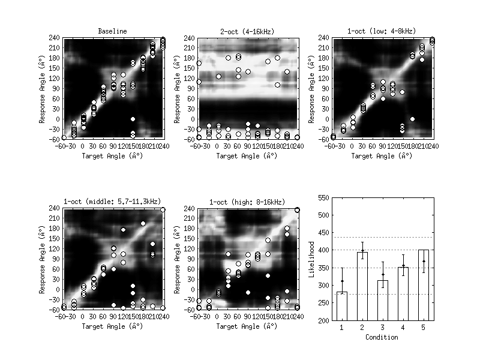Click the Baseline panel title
coord(113,31)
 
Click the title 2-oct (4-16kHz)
coord(248,31)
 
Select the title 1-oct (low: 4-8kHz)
coord(382,31)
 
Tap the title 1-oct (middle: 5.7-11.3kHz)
coord(113,202)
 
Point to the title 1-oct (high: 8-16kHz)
coord(248,202)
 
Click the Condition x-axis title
coord(382,337)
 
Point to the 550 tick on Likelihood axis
coord(325,197)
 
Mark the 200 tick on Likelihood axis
coord(325,320)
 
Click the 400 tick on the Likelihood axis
coord(325,250)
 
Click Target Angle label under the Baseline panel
coord(113,156)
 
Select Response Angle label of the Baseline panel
coord(44,88)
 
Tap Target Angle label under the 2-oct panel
coord(248,156)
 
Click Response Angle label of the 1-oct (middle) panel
coord(44,259)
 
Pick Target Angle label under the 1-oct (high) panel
coord(248,327)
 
